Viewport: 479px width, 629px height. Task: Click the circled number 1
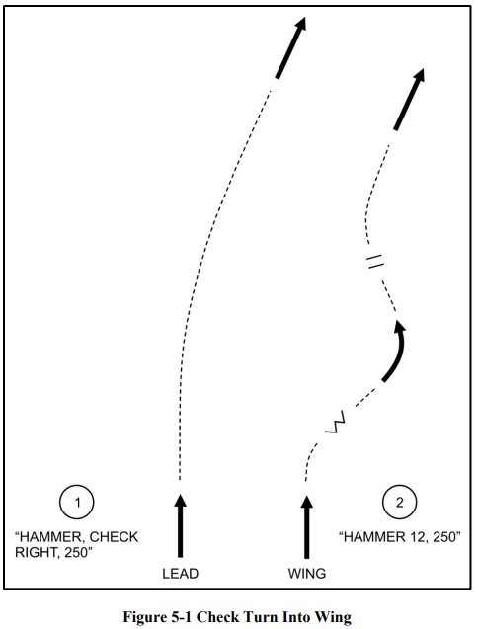click(x=77, y=503)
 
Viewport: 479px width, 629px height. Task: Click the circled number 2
click(x=399, y=503)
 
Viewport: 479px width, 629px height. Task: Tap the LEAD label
click(x=180, y=574)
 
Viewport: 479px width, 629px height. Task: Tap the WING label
click(x=307, y=574)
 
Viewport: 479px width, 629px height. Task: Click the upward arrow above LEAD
click(x=180, y=525)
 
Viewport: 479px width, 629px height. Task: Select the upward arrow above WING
click(x=307, y=526)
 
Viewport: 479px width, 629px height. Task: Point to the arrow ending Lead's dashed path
click(x=290, y=47)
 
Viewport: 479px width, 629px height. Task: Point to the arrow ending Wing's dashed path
click(x=409, y=99)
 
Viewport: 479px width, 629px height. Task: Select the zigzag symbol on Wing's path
click(x=336, y=422)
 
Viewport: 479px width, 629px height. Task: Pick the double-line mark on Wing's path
click(x=375, y=261)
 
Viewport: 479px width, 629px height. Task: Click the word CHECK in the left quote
click(x=114, y=537)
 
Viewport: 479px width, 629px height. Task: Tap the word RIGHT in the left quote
click(x=34, y=552)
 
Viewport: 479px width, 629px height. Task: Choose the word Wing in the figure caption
click(x=334, y=617)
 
